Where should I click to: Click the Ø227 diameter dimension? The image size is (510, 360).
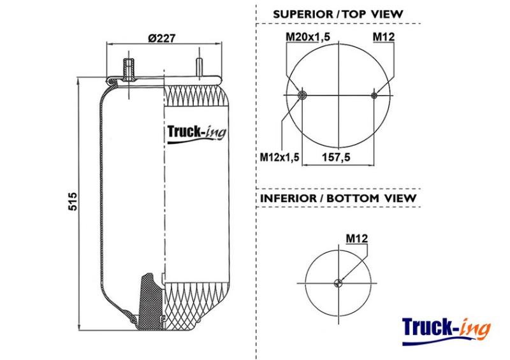(x=162, y=38)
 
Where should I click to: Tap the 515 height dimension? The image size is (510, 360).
(x=73, y=201)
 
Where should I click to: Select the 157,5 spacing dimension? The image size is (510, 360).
(x=337, y=157)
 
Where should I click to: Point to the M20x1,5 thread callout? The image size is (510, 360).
(x=308, y=37)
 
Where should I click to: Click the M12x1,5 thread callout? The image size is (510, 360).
(x=279, y=157)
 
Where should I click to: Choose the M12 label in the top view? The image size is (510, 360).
(x=384, y=37)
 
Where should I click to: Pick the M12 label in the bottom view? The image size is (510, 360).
(x=357, y=238)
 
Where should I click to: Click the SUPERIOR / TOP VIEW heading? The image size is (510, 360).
(x=338, y=14)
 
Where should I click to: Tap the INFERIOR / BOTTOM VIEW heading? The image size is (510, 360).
(x=339, y=198)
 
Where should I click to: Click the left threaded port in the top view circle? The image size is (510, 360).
(x=303, y=96)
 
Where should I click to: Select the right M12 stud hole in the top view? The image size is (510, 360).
(x=374, y=96)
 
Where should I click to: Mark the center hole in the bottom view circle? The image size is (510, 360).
(x=339, y=283)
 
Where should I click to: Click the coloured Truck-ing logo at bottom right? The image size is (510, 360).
(x=446, y=331)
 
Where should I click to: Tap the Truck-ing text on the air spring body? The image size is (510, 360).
(x=196, y=134)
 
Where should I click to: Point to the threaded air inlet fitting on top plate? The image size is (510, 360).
(x=129, y=69)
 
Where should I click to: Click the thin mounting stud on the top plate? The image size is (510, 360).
(x=199, y=68)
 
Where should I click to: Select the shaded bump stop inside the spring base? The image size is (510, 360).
(x=150, y=301)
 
